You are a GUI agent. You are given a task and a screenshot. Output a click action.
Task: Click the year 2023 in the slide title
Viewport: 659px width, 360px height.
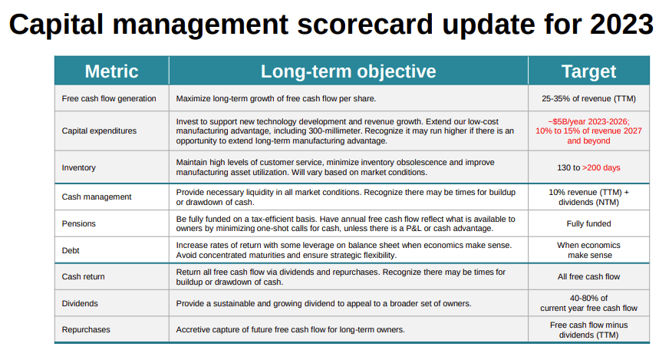coord(621,24)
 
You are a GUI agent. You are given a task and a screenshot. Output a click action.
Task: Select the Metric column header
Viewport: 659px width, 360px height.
coord(111,71)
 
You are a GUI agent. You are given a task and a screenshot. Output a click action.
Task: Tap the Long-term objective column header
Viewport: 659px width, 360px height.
coord(348,71)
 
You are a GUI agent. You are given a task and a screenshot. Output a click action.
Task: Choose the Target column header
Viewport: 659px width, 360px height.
coord(588,71)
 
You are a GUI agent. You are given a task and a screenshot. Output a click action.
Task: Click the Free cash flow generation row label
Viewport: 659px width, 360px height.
coord(109,98)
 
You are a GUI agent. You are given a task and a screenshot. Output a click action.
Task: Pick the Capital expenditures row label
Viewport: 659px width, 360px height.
coord(99,130)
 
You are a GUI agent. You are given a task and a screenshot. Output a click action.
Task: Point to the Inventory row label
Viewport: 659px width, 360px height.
coord(78,167)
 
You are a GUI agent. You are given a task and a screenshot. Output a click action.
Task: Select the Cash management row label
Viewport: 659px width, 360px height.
coord(97,197)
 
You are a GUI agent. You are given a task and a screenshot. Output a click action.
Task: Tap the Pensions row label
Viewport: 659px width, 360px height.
coord(78,223)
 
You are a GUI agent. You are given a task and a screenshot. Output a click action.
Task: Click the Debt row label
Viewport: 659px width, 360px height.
coord(71,250)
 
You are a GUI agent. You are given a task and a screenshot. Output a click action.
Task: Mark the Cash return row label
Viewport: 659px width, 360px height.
coord(83,277)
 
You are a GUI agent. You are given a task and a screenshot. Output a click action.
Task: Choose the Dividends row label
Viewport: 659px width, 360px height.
coord(80,304)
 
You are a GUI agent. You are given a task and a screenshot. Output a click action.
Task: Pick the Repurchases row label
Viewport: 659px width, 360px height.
coord(86,330)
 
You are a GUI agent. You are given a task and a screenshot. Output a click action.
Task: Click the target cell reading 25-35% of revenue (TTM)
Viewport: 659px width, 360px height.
coord(588,98)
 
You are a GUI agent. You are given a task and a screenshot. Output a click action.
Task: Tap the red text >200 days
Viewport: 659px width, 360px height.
coord(601,167)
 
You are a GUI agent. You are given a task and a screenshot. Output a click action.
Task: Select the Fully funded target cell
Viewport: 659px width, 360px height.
coord(588,223)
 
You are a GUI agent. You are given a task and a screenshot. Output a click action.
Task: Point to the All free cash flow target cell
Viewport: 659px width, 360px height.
coord(588,277)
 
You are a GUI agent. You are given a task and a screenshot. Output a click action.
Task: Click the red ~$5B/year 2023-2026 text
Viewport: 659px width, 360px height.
coord(588,121)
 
